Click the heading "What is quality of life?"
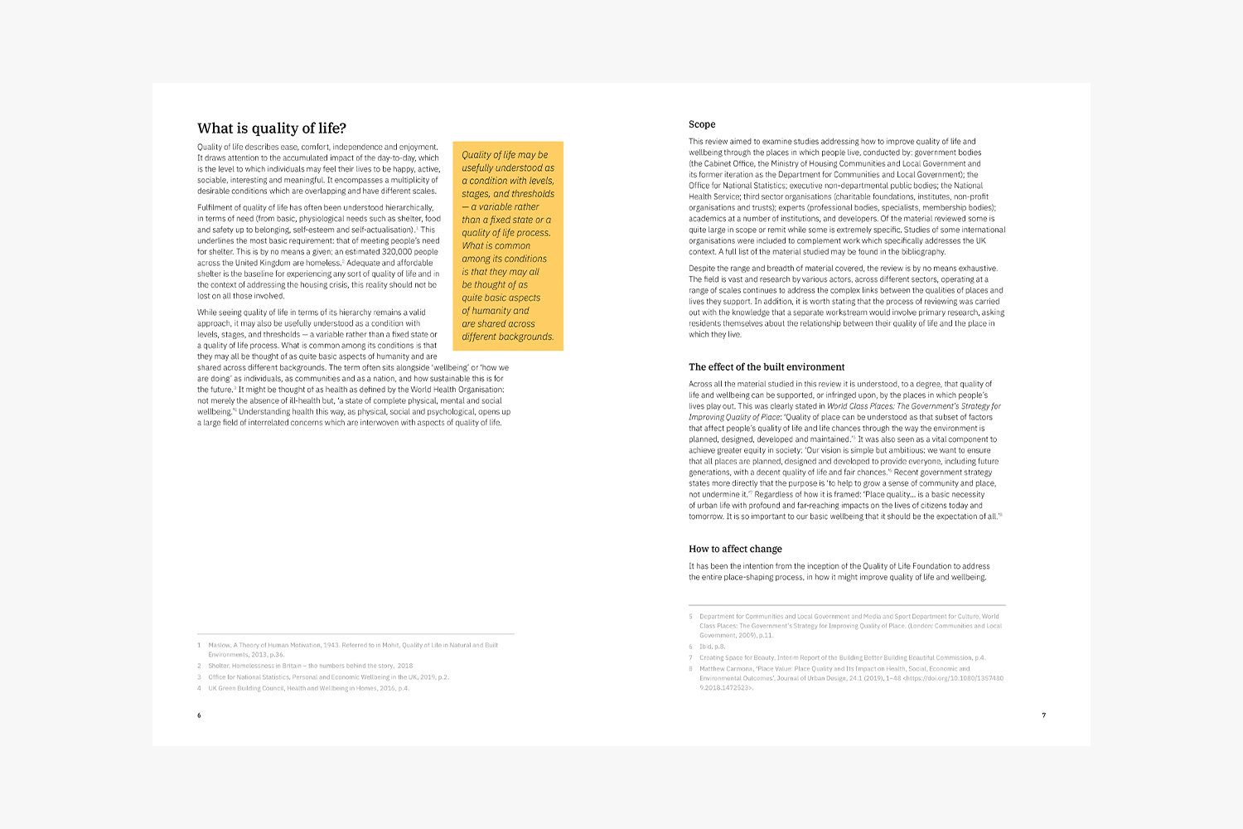[x=272, y=128]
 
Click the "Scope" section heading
[x=702, y=124]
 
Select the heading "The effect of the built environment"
[x=767, y=367]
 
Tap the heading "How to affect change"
[x=735, y=549]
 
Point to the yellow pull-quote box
[x=508, y=246]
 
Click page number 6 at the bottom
[x=199, y=715]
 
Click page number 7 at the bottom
[x=1043, y=715]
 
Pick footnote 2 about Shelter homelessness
[x=310, y=666]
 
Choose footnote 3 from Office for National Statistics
[x=328, y=677]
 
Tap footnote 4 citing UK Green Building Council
[x=308, y=688]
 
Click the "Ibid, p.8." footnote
[x=712, y=647]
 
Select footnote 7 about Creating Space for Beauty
[x=842, y=658]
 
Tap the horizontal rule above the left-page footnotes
[x=355, y=634]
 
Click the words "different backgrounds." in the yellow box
[x=507, y=337]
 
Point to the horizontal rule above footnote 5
[x=847, y=605]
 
